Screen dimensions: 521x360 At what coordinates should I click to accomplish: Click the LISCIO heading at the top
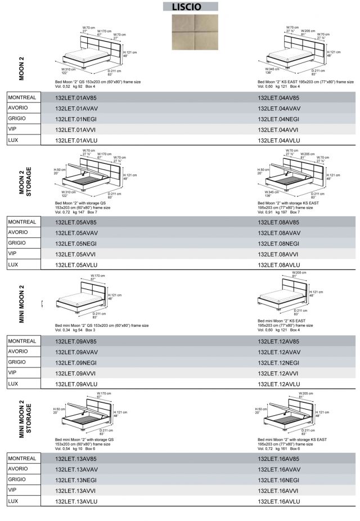190,7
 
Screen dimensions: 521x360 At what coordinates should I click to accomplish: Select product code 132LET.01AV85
76,98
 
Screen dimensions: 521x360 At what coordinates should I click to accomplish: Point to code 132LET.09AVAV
76,352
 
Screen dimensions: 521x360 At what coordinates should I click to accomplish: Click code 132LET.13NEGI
76,480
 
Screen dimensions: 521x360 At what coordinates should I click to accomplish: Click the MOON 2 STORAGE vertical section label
25,181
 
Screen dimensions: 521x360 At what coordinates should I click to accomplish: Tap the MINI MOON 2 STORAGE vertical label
25,419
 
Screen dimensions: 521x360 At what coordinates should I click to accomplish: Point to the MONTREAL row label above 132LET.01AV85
22,97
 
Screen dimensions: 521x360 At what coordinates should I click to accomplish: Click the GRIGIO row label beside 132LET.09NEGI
17,362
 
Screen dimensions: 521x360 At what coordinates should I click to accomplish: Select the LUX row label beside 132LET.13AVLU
14,501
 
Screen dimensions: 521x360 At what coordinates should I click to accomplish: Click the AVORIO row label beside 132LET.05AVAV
18,232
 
